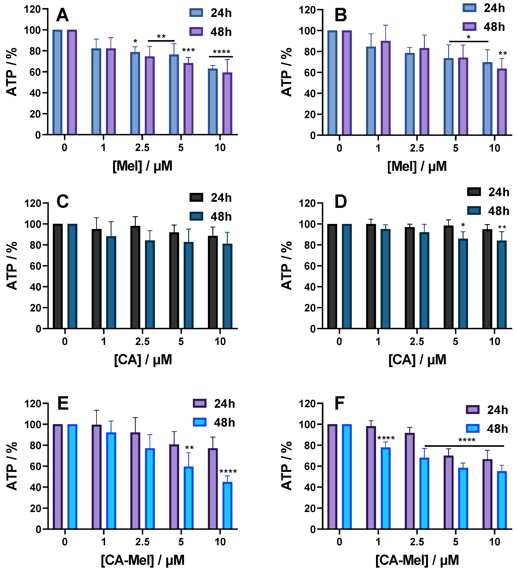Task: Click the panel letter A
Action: [62, 15]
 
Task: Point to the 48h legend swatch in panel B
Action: [469, 27]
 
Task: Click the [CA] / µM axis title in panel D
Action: [417, 360]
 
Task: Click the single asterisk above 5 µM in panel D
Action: [463, 225]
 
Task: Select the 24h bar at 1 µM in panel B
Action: [371, 91]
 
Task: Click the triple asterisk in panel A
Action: [188, 51]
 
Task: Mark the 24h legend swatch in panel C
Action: [196, 197]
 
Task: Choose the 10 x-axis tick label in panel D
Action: [495, 342]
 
